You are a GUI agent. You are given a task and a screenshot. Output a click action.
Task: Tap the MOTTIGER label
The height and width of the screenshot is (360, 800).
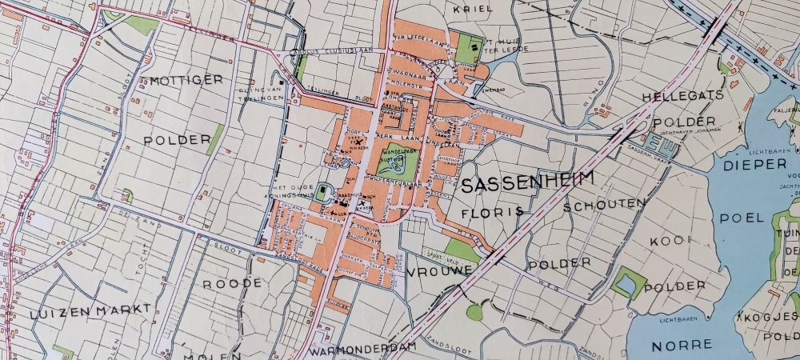click(x=186, y=80)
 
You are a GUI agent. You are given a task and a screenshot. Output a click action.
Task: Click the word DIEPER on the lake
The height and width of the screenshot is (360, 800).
click(x=755, y=164)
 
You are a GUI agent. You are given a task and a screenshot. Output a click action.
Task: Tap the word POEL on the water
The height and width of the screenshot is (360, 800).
click(x=742, y=218)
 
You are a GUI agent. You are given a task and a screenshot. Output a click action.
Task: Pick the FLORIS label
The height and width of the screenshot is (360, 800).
click(x=492, y=212)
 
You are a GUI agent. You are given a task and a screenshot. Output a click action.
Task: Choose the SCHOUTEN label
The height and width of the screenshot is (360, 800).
click(x=604, y=205)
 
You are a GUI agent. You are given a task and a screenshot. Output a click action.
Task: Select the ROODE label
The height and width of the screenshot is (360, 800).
click(x=232, y=284)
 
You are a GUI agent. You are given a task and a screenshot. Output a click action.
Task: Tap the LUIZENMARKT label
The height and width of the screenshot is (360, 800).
click(x=79, y=311)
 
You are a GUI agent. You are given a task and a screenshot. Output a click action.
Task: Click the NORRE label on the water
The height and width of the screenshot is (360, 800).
click(x=682, y=345)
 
